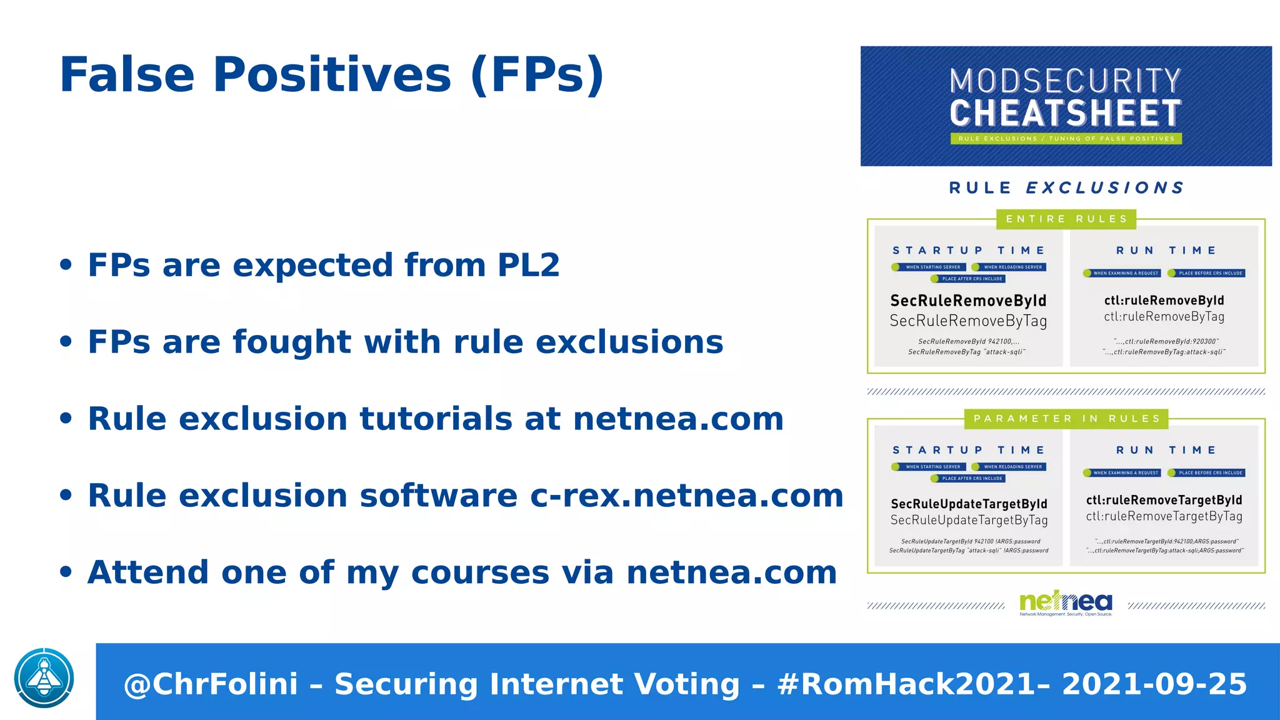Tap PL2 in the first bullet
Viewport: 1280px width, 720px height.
pyautogui.click(x=528, y=265)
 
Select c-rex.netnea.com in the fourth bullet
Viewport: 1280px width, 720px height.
pyautogui.click(x=687, y=496)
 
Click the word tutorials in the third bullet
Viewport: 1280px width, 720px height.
pyautogui.click(x=436, y=419)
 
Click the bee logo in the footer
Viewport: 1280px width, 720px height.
pyautogui.click(x=44, y=678)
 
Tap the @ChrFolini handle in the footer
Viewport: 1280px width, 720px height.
pyautogui.click(x=211, y=684)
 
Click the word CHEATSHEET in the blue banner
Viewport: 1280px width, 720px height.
pyautogui.click(x=1066, y=114)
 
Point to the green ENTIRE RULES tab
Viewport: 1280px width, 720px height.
pyautogui.click(x=1066, y=219)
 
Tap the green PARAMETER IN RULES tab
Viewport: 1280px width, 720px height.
pyautogui.click(x=1066, y=419)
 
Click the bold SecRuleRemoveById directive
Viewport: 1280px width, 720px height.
pyautogui.click(x=968, y=301)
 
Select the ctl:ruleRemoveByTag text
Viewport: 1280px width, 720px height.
pyautogui.click(x=1164, y=317)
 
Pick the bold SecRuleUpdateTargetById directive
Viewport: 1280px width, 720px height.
pyautogui.click(x=969, y=504)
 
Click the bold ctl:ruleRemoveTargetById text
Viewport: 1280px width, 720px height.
pyautogui.click(x=1164, y=500)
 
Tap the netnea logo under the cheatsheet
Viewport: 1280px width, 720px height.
pyautogui.click(x=1066, y=602)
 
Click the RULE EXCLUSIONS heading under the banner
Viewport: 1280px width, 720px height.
pyautogui.click(x=1066, y=187)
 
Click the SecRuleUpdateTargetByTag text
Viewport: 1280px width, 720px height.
pyautogui.click(x=969, y=520)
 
